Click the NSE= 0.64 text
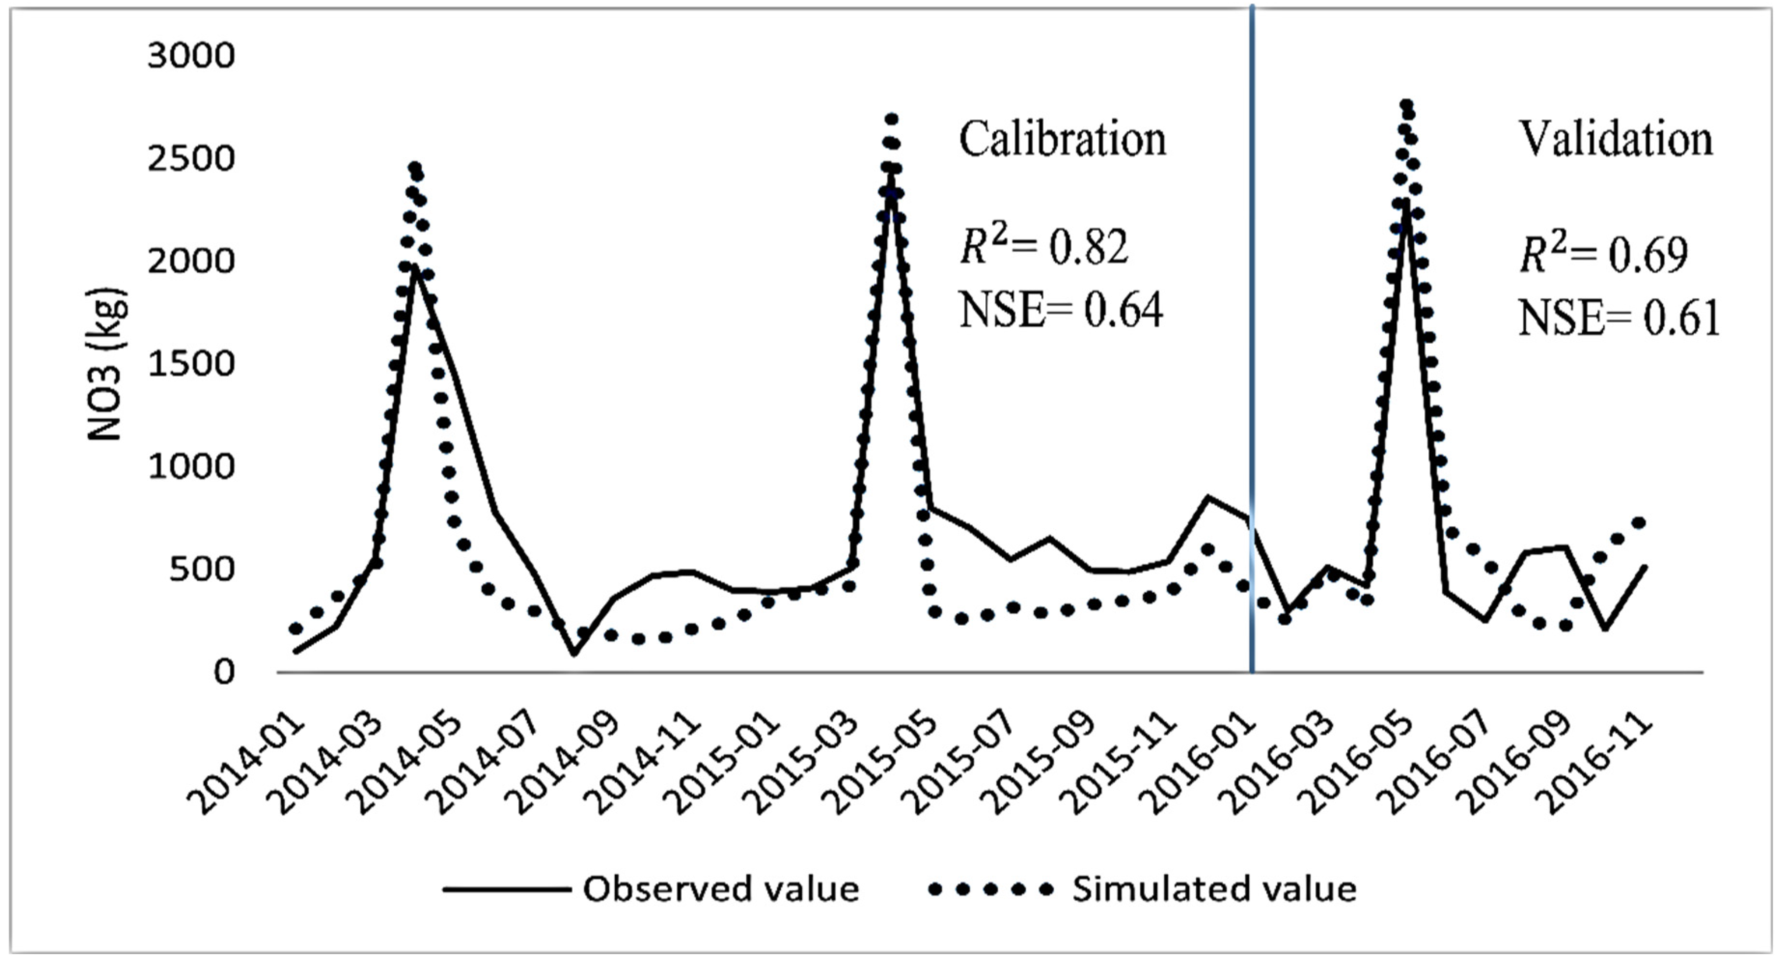coord(1061,310)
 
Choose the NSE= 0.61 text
coord(1618,319)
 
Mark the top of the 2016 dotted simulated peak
coord(1406,105)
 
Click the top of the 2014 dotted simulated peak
coord(415,168)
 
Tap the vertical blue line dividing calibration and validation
coord(1252,346)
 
